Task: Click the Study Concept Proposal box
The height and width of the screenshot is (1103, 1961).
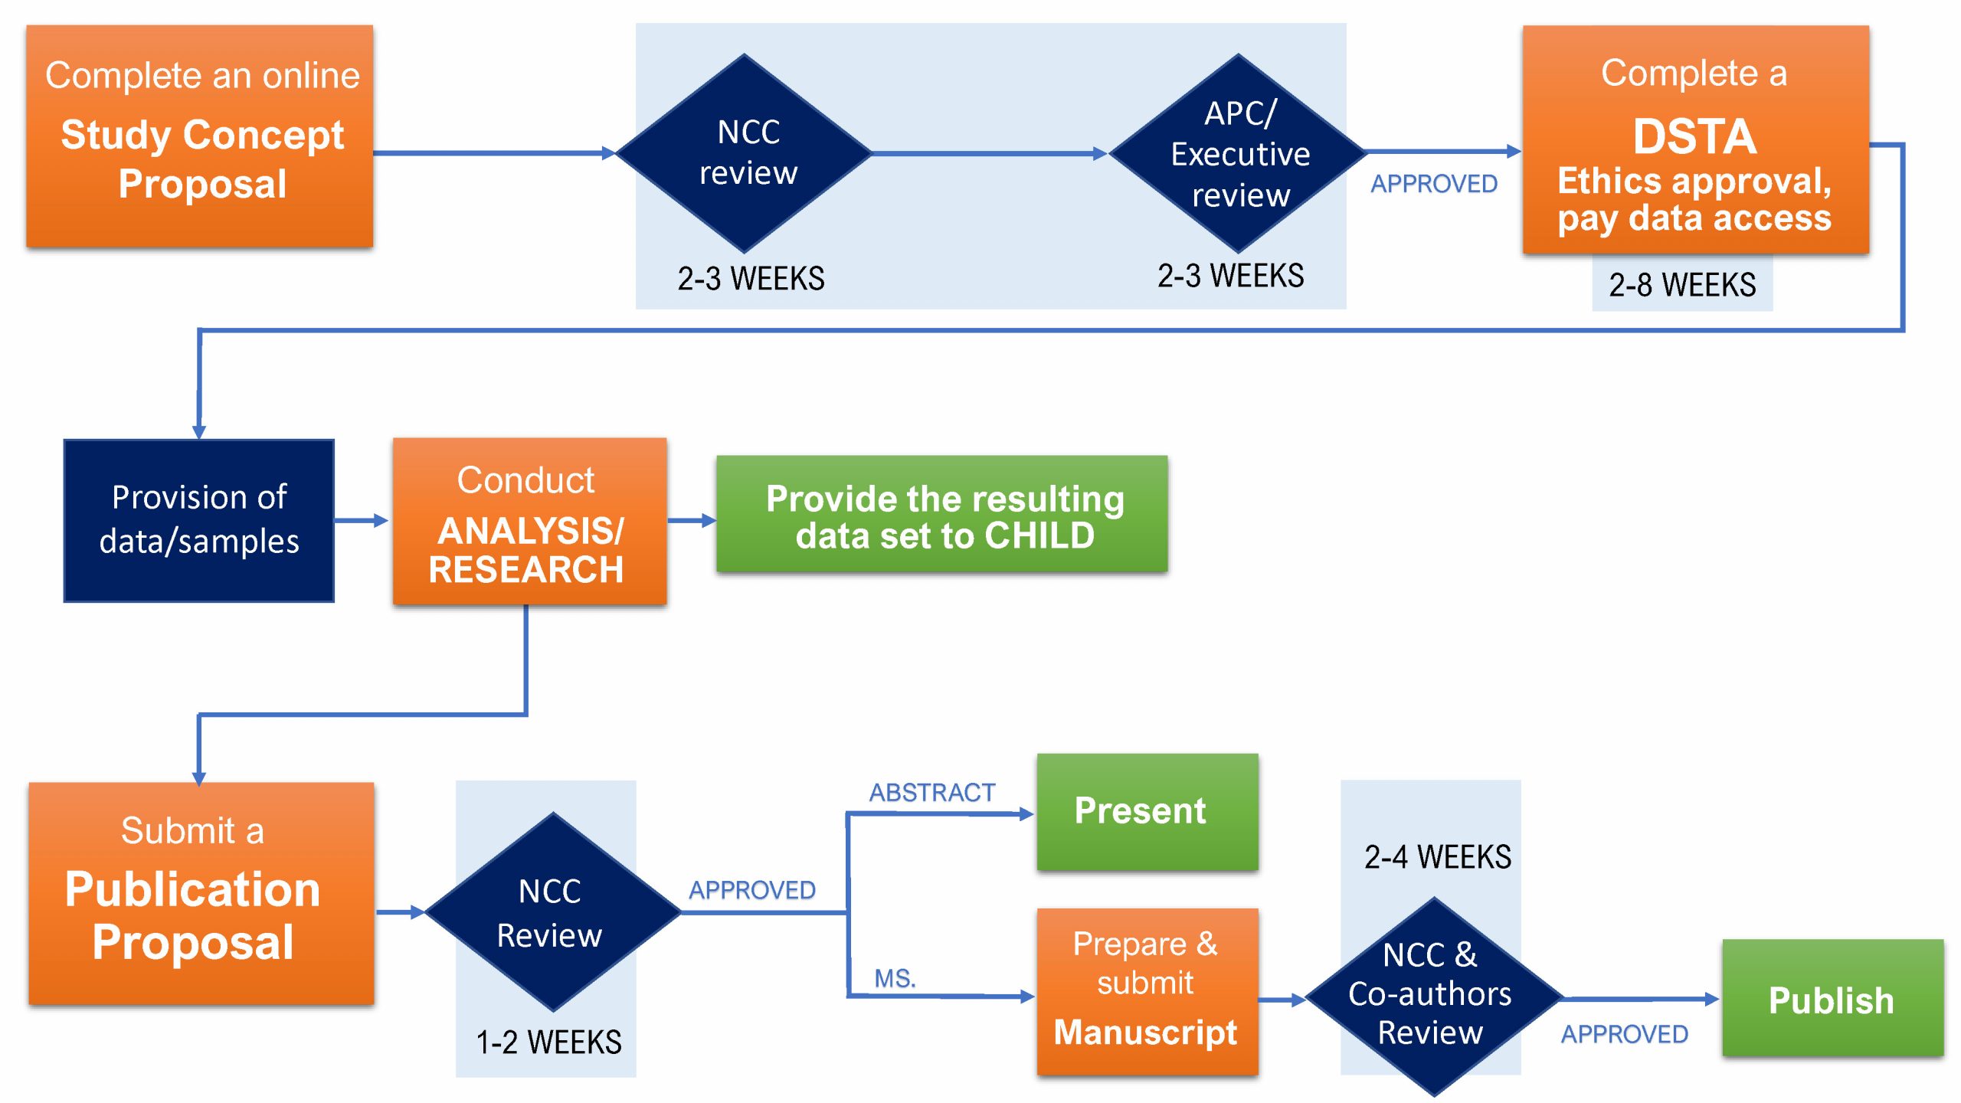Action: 200,136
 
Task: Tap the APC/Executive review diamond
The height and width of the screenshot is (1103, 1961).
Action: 1239,153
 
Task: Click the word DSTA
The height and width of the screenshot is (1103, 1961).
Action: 1694,137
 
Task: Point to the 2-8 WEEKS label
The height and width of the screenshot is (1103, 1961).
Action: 1681,285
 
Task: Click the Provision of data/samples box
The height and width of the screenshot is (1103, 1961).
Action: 199,520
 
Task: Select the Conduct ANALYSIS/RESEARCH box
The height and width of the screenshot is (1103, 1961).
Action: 529,522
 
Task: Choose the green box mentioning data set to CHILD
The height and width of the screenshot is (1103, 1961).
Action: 942,515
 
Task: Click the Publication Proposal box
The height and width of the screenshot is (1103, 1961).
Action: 201,893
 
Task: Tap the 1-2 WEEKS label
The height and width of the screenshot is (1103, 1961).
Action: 548,1042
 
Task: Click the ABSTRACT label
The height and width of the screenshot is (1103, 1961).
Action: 931,792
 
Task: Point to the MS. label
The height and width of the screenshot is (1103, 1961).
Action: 895,978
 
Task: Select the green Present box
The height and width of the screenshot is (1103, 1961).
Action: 1147,811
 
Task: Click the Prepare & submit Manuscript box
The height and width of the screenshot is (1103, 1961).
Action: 1147,991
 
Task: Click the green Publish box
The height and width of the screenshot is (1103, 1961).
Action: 1832,999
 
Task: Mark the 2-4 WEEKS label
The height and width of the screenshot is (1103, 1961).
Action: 1437,856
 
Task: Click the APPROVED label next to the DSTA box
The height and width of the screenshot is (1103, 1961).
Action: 1433,184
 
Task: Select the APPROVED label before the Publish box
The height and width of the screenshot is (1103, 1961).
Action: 1624,1034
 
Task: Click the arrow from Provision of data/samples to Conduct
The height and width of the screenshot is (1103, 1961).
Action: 362,521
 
